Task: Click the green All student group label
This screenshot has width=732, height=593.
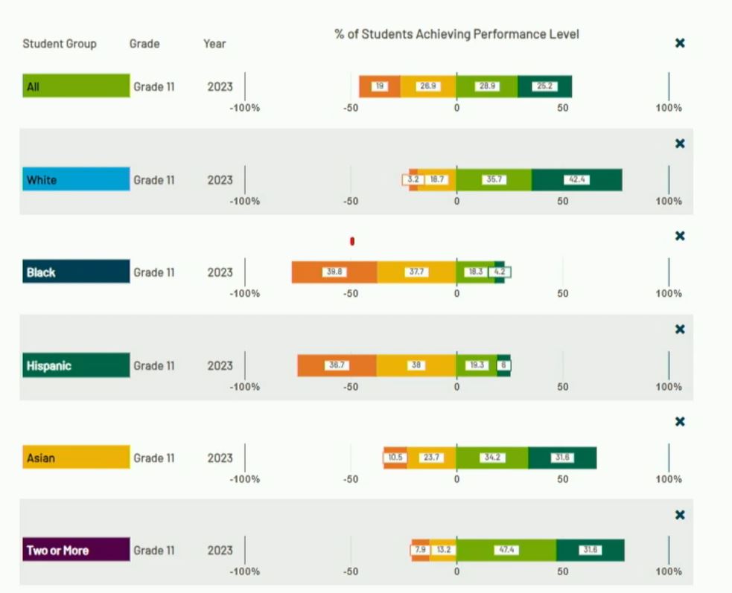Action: [x=75, y=86]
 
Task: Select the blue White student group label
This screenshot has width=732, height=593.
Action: [x=75, y=179]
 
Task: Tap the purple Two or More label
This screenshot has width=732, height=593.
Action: [x=75, y=551]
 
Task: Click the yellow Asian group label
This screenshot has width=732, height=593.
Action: [x=75, y=458]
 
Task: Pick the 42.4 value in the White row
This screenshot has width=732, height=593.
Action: [x=576, y=179]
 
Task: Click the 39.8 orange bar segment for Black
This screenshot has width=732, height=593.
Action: [x=334, y=272]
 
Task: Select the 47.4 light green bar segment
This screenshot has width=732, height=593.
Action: [x=506, y=551]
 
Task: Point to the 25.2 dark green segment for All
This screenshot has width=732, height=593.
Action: [x=544, y=86]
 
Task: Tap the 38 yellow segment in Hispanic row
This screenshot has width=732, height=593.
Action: [x=416, y=365]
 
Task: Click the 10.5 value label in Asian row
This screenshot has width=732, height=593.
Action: [x=395, y=458]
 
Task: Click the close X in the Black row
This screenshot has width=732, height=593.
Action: [x=679, y=237]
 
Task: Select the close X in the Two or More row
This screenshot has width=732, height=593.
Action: [x=679, y=515]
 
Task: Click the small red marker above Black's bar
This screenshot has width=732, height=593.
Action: [x=352, y=241]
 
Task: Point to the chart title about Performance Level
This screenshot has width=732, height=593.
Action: [x=456, y=34]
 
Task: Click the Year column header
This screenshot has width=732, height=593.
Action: [x=214, y=44]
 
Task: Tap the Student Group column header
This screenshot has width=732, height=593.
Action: [x=60, y=44]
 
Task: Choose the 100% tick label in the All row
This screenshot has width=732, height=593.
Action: [x=669, y=108]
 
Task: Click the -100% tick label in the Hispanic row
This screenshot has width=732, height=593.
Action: [x=245, y=387]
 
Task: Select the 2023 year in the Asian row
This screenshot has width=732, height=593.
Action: [x=220, y=458]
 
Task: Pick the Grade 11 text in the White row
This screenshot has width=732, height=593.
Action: [x=154, y=180]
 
